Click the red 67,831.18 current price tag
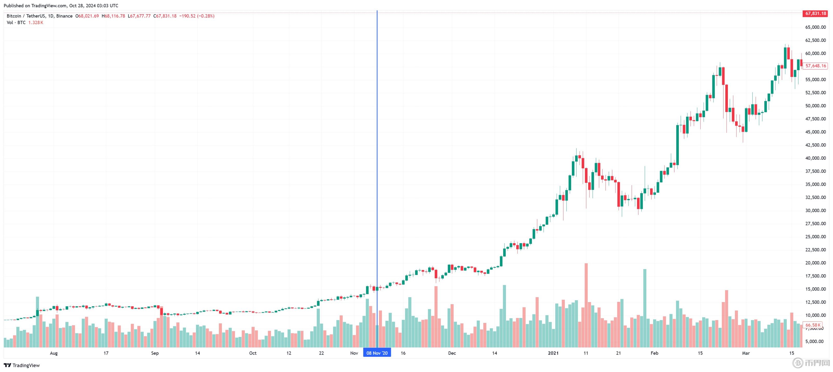pos(815,14)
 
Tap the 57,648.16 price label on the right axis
pos(815,66)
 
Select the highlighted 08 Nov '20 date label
pos(377,353)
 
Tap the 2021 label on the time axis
pos(553,353)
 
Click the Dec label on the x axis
pos(452,353)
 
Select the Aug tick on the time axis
pos(54,353)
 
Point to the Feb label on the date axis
pos(654,353)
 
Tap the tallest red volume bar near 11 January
pos(586,304)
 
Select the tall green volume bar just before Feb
pos(645,307)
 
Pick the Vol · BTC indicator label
pos(16,23)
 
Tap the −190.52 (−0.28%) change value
pos(197,16)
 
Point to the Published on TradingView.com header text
pos(61,5)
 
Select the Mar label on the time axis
pos(746,353)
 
